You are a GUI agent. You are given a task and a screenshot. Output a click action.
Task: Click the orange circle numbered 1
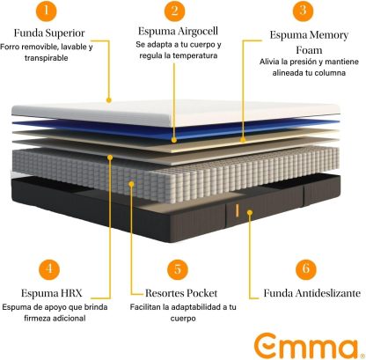[x=46, y=11]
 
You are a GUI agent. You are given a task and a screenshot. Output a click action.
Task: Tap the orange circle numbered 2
[x=175, y=11]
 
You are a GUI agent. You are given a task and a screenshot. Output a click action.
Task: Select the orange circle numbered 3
[x=303, y=11]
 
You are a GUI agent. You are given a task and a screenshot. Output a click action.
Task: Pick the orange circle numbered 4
[x=49, y=269]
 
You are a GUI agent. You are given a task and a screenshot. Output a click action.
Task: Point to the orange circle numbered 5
[x=178, y=269]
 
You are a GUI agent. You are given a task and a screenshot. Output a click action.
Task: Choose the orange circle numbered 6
[x=305, y=268]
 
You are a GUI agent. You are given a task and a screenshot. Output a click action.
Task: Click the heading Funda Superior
[x=49, y=33]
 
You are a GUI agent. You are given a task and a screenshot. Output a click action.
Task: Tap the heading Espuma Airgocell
[x=178, y=31]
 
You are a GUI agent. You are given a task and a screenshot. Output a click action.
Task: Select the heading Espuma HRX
[x=52, y=293]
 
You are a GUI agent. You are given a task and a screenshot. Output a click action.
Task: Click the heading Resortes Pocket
[x=181, y=293]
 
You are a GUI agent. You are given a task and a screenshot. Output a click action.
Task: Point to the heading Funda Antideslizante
[x=312, y=293]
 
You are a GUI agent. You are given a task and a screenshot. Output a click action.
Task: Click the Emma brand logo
[x=306, y=346]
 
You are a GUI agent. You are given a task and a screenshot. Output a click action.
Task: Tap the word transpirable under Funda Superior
[x=47, y=58]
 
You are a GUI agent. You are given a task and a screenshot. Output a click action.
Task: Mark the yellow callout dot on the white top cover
[x=109, y=100]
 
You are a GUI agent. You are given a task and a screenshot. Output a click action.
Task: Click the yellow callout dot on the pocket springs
[x=131, y=184]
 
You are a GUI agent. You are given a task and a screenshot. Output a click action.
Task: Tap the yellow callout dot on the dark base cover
[x=250, y=212]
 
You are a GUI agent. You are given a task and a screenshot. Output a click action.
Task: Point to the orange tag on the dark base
[x=237, y=211]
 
